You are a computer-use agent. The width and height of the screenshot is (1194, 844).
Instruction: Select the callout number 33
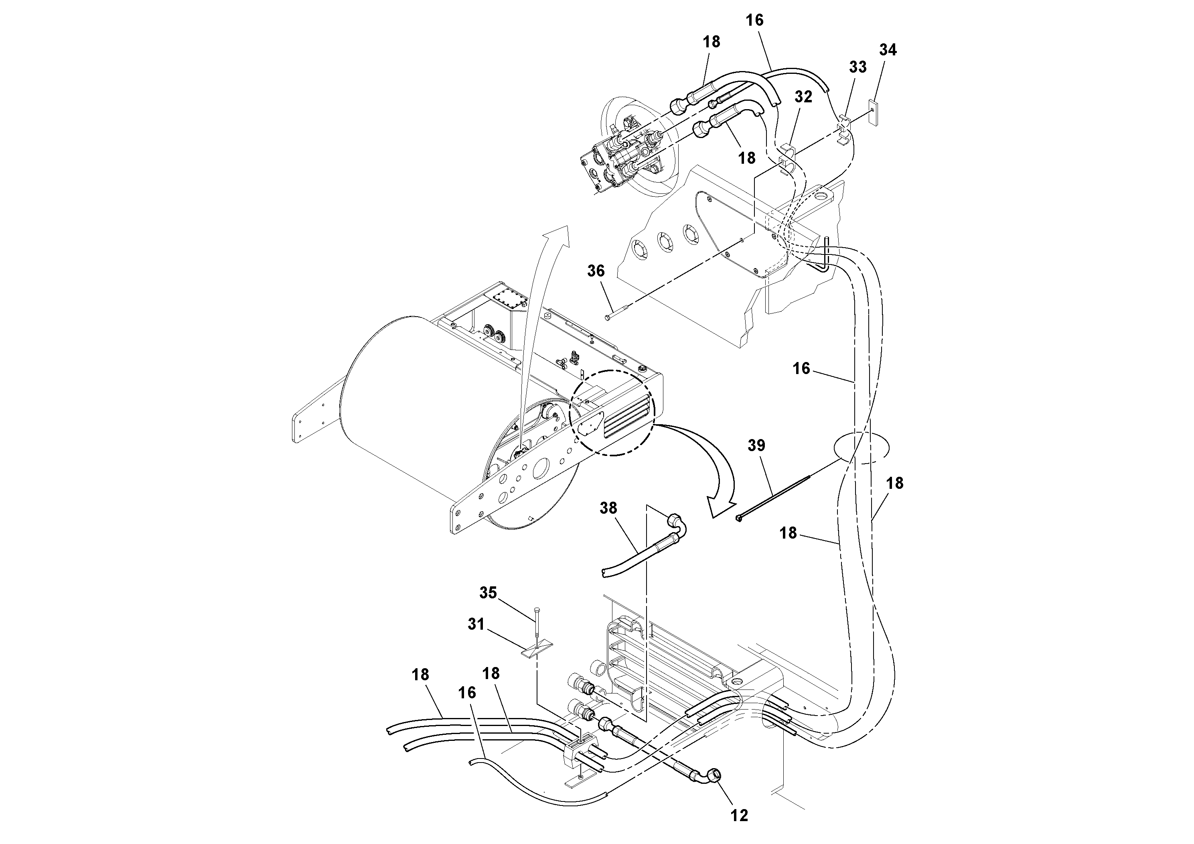pos(857,67)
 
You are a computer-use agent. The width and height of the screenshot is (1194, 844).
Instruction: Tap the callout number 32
pos(803,97)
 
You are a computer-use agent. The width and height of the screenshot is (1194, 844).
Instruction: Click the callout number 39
pos(757,445)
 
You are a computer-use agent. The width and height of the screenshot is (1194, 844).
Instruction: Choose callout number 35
pos(488,593)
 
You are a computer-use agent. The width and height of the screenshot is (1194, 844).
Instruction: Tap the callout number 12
pos(739,816)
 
